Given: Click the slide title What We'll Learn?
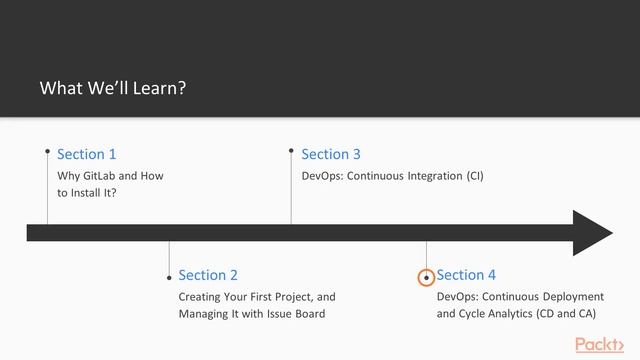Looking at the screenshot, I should coord(112,88).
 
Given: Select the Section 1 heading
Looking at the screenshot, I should coord(87,154).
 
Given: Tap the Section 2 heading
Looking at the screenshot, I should coord(208,275).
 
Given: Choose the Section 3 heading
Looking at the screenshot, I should coord(331,154).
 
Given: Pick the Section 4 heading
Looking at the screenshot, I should coord(466,275).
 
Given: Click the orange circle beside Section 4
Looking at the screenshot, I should coord(426,276).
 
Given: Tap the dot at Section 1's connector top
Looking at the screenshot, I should coord(47,152).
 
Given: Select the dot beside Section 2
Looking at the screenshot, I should coord(169,276).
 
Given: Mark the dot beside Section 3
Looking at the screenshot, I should coord(291,152).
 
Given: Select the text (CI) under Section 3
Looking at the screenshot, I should coord(474,176).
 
